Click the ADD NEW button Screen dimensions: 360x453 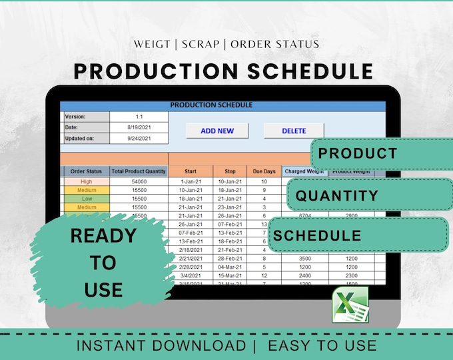point(217,131)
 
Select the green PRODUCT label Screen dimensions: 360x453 point(358,153)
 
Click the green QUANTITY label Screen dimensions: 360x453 point(337,196)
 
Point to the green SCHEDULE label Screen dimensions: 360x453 point(317,235)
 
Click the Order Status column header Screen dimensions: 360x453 point(86,171)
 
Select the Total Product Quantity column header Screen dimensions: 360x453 point(139,171)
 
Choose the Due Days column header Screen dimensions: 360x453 point(264,171)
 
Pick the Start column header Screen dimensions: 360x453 point(191,171)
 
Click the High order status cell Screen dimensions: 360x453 point(86,181)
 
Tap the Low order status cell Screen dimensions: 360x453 point(86,198)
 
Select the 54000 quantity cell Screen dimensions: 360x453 point(139,181)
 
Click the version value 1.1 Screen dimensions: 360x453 point(139,116)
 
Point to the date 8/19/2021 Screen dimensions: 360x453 point(139,127)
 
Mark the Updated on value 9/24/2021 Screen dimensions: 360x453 point(139,139)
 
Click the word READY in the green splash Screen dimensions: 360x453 point(103,235)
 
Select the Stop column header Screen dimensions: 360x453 point(230,171)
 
